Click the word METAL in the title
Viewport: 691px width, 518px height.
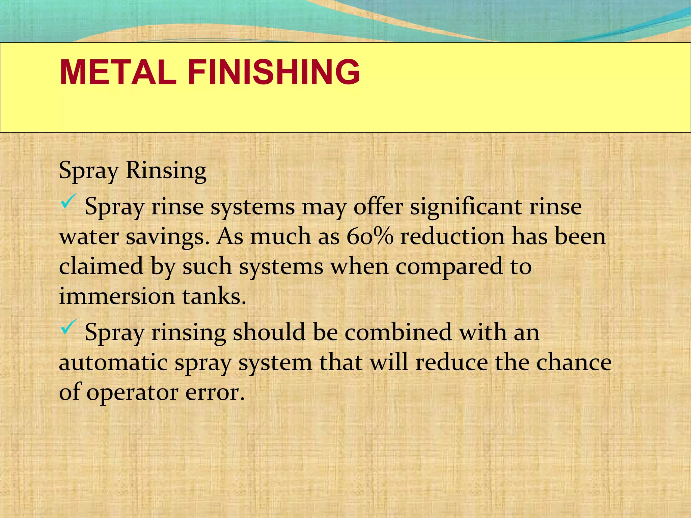118,72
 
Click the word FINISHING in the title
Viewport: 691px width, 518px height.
274,72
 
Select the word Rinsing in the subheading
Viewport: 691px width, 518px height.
166,170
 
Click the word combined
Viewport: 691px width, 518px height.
398,332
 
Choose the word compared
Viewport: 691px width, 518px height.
449,267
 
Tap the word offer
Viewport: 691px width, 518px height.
378,206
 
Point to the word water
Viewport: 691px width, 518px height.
89,237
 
